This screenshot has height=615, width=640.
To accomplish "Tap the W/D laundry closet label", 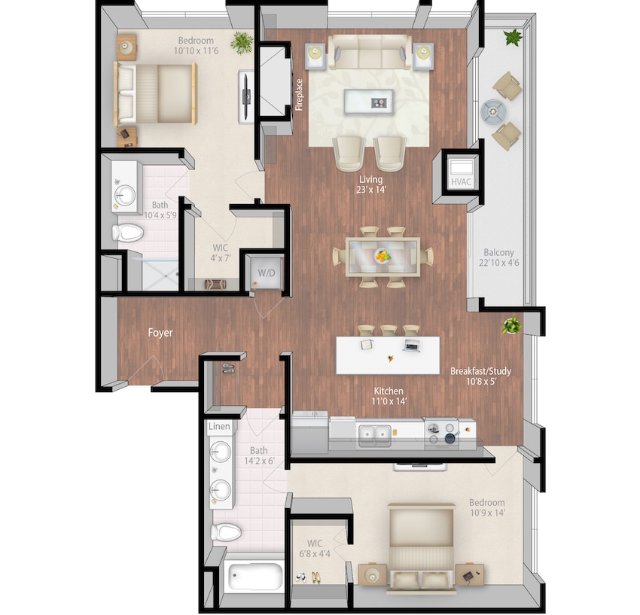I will click(x=267, y=272).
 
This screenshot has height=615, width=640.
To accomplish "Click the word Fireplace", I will click(x=299, y=95).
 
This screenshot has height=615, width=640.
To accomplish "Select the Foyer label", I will click(x=160, y=332).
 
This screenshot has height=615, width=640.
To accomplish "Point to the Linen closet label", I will click(x=218, y=427).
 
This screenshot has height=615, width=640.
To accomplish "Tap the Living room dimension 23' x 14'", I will click(x=371, y=190).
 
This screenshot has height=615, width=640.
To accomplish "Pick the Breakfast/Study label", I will click(x=481, y=371).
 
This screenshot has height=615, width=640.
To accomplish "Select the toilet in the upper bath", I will click(x=127, y=233).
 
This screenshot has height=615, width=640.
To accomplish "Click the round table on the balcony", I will click(x=494, y=111).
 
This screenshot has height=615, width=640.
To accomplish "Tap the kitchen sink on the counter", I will click(x=373, y=433).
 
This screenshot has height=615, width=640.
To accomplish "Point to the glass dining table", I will click(x=382, y=257).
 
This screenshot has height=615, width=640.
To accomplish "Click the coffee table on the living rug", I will click(x=368, y=101).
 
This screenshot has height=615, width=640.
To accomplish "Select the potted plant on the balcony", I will click(x=514, y=36).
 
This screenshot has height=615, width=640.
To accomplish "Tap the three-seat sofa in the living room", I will click(x=370, y=54).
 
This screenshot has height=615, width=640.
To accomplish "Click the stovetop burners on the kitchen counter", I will click(x=441, y=431).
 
